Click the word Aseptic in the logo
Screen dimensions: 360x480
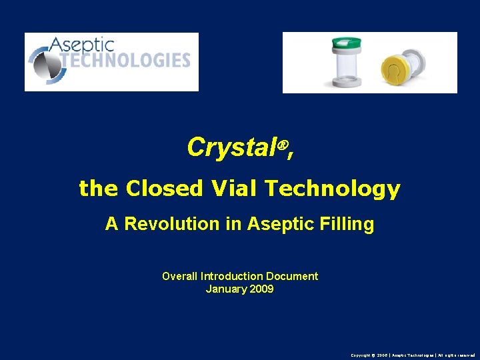pos(81,45)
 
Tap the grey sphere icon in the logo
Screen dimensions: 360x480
pos(44,64)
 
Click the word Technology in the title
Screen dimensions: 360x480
pos(333,189)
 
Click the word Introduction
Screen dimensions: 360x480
pos(233,276)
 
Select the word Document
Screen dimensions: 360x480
pos(292,276)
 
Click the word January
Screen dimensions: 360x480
pos(226,289)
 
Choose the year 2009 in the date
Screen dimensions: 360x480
pos(261,289)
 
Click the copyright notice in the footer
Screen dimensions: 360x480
pos(413,355)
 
